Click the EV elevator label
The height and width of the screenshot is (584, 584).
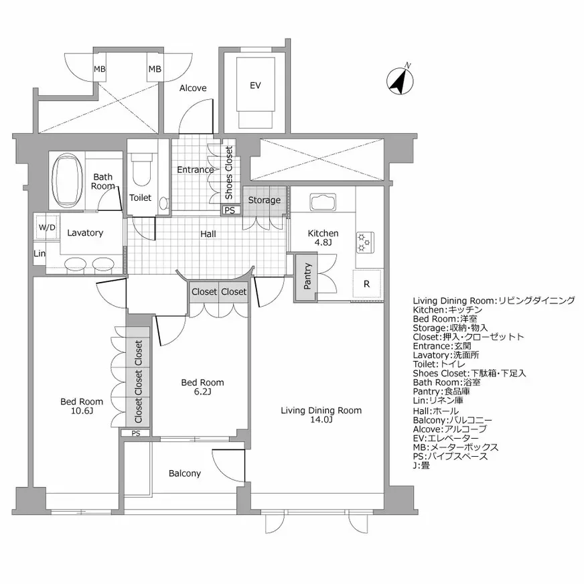tap(254, 86)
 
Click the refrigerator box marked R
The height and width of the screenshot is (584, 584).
tap(366, 283)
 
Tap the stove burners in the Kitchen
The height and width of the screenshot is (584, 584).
tap(365, 242)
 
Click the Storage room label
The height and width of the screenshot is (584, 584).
tap(264, 200)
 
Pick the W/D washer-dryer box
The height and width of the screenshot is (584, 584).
tap(47, 227)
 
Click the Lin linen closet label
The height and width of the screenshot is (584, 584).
tap(40, 254)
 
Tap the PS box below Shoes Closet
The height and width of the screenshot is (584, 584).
tap(230, 210)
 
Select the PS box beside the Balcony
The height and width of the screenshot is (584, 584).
tap(135, 433)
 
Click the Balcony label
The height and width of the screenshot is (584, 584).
tap(184, 473)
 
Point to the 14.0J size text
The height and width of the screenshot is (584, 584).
tap(321, 421)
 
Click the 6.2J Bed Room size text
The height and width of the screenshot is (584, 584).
tap(202, 392)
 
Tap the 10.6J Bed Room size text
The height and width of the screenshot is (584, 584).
tap(82, 411)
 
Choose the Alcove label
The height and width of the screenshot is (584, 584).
tap(193, 88)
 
